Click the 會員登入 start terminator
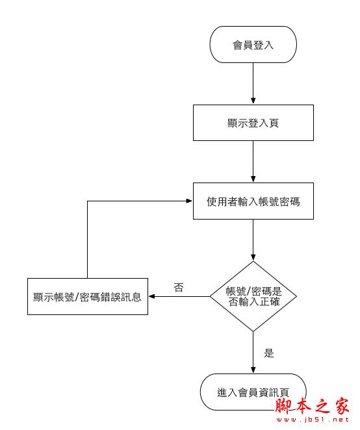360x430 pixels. point(253,45)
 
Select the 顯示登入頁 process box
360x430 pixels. point(253,123)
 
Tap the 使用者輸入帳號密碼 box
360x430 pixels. point(253,201)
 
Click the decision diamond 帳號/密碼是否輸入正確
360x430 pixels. point(253,296)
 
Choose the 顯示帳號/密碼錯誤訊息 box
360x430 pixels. point(87,297)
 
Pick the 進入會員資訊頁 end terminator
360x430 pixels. point(253,392)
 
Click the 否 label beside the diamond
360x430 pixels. point(178,287)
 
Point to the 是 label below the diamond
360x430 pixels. point(269,353)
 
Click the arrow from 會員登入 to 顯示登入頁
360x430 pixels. point(253,83)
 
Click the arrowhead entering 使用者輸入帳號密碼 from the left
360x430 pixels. point(189,201)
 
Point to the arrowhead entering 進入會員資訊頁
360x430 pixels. point(253,370)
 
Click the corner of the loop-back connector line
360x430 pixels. point(87,201)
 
